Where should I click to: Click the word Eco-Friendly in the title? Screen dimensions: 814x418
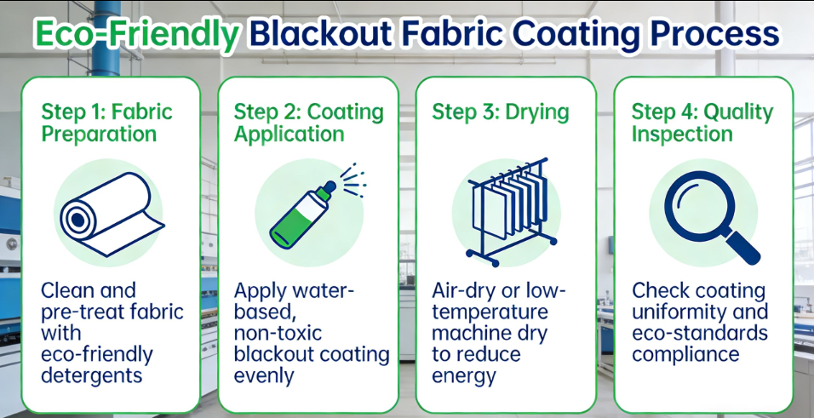(x=136, y=35)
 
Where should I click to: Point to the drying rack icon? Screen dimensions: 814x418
(x=511, y=212)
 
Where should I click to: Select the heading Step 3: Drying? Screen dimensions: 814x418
(x=500, y=112)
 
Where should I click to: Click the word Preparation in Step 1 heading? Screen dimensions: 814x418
(x=99, y=135)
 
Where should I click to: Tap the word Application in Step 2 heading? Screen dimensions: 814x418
(x=289, y=135)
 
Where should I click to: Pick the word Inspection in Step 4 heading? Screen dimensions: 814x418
(x=682, y=135)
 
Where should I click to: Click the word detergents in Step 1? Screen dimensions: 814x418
(x=91, y=375)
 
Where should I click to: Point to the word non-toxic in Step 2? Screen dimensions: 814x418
(x=278, y=333)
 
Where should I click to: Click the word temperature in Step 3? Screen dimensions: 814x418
(x=490, y=312)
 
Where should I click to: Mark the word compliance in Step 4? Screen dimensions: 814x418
(x=685, y=355)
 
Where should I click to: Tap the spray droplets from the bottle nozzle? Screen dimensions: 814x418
(x=353, y=180)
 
